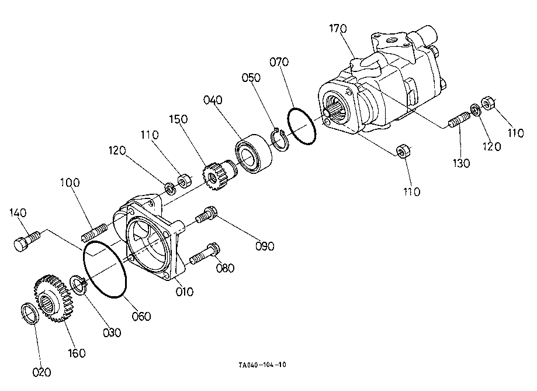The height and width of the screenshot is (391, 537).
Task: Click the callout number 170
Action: click(338, 29)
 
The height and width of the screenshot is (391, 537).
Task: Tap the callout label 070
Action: click(279, 62)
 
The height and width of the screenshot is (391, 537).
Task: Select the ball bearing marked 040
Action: click(254, 154)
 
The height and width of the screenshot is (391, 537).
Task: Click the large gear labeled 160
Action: click(53, 298)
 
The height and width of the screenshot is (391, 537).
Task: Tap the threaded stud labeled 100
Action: click(95, 232)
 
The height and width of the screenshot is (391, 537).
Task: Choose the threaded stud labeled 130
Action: click(459, 120)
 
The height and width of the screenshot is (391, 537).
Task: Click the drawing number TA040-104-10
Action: click(262, 365)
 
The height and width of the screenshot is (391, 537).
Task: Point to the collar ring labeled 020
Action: click(30, 313)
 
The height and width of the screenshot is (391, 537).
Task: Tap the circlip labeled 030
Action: click(78, 284)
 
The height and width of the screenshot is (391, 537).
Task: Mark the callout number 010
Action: click(185, 292)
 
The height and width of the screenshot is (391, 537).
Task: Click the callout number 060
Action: click(141, 316)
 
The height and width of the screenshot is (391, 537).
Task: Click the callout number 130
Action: click(461, 163)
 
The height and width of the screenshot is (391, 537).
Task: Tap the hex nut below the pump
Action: click(403, 151)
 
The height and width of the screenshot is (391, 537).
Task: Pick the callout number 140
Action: click(18, 213)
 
